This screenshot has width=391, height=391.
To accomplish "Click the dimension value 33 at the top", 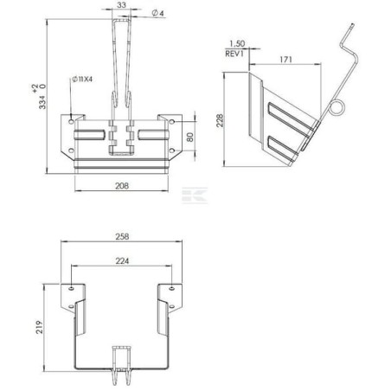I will (x=120, y=5).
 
